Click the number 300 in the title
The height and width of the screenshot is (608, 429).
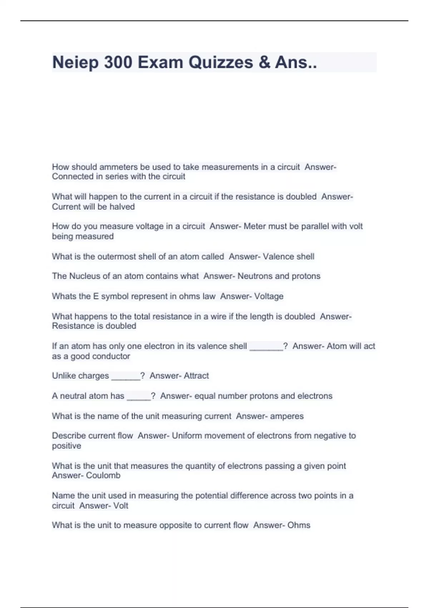(x=118, y=63)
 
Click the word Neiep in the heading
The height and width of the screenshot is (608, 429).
(x=75, y=63)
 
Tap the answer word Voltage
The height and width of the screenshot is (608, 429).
(x=268, y=296)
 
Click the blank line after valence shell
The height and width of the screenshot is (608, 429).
(x=266, y=347)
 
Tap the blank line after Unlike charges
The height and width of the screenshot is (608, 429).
(x=125, y=377)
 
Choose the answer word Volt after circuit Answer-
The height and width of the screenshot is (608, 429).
(x=120, y=506)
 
